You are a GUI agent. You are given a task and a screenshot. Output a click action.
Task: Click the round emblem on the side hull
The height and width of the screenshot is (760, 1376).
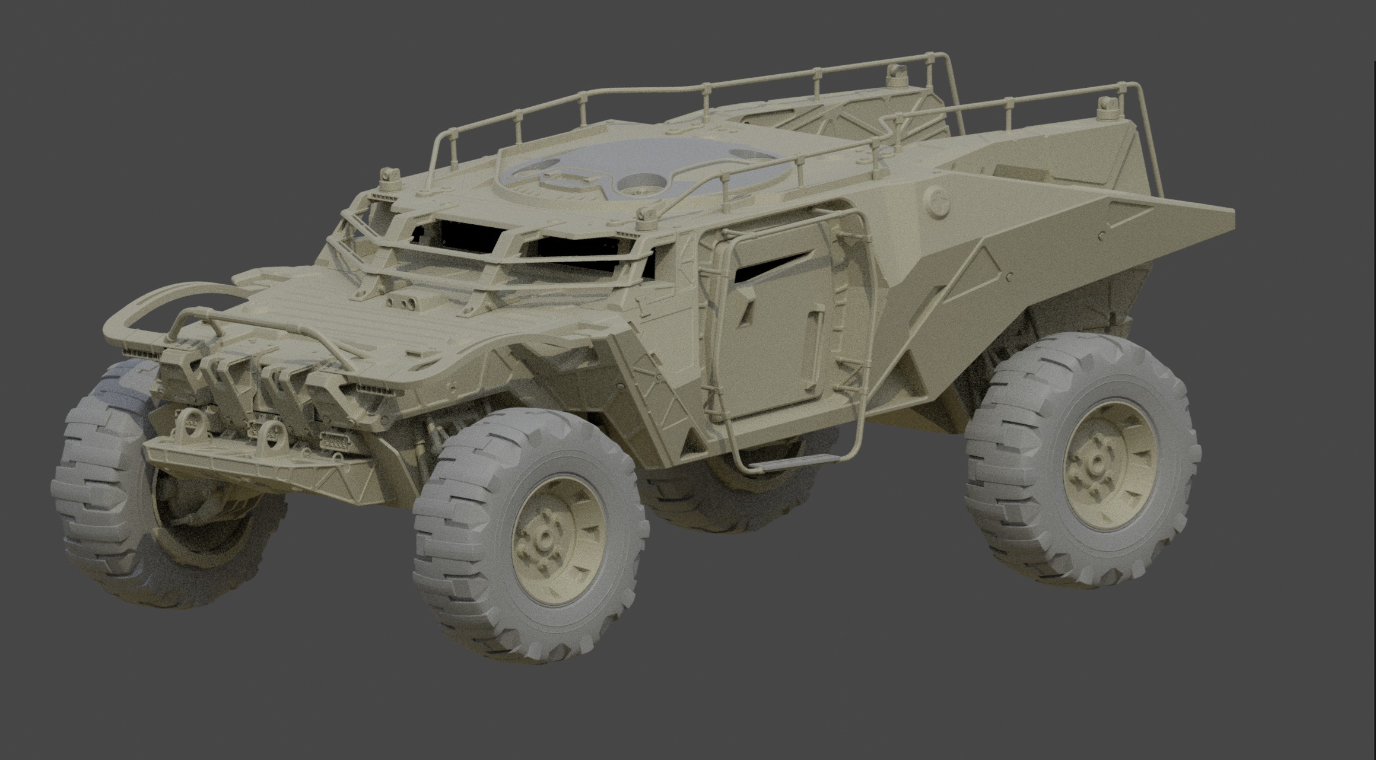point(936,203)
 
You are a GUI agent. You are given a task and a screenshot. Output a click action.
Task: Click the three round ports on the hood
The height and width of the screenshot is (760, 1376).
point(407,303)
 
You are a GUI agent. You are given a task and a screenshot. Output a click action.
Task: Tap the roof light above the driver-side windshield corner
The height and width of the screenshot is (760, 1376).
point(389,176)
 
